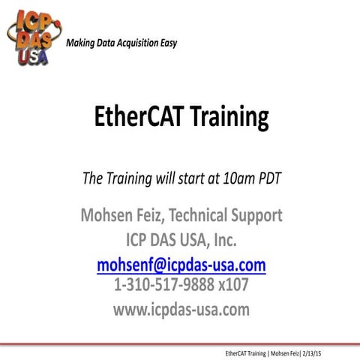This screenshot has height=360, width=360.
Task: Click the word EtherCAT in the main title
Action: [134, 116]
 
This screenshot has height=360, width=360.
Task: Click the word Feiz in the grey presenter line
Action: [154, 217]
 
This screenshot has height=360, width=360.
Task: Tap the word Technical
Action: [205, 217]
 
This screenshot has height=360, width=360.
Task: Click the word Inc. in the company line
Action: [232, 241]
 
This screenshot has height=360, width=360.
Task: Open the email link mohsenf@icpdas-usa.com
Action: [181, 265]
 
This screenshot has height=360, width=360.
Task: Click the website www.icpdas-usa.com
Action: [180, 309]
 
